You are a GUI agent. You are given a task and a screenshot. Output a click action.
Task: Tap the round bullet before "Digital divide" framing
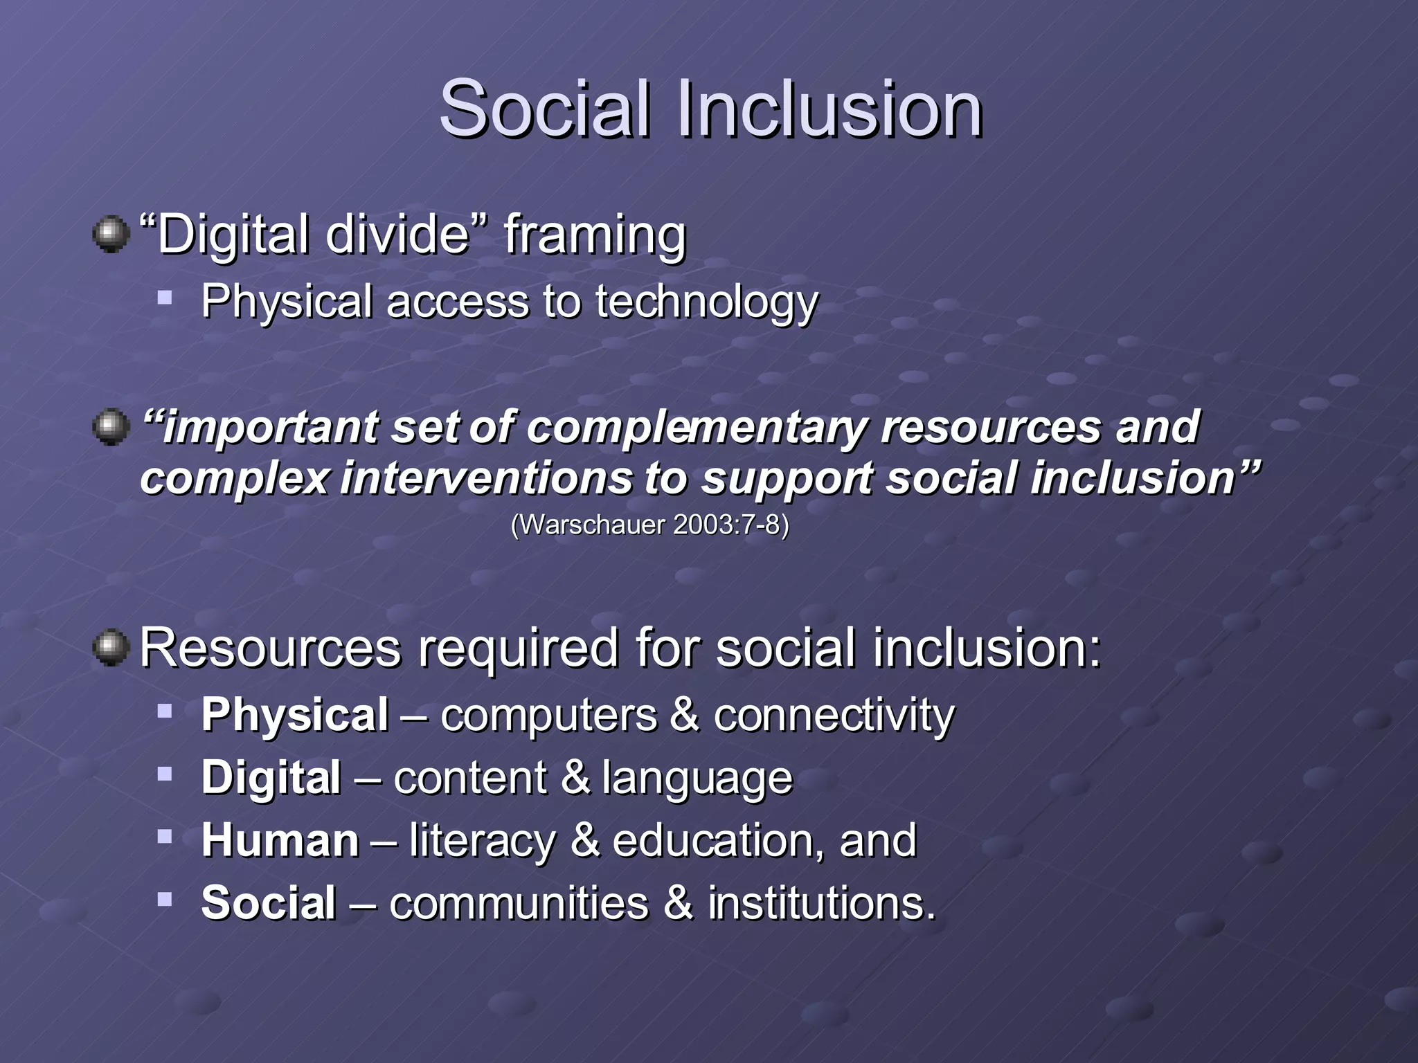coord(111,235)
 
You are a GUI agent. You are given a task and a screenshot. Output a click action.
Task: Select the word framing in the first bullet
coord(595,236)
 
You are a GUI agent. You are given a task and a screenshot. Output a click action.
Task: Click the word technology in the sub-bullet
coord(706,302)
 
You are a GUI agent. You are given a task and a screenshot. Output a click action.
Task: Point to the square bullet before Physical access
coord(164,298)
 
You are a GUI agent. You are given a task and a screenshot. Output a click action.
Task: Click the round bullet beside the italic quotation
coord(111,427)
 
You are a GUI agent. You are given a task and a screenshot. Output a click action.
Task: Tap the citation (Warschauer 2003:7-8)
coord(649,525)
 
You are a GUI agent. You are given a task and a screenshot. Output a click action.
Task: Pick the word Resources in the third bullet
coord(270,648)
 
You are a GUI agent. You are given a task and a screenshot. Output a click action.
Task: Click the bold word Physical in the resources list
coord(295,715)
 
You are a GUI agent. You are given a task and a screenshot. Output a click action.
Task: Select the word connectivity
coord(834,715)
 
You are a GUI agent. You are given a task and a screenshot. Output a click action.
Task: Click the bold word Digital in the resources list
coord(271,778)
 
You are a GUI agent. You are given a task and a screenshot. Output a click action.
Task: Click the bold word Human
coord(280,841)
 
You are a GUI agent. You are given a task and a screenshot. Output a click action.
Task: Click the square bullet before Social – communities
coord(164,899)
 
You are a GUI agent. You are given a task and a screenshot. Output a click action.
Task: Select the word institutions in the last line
coord(821,904)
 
